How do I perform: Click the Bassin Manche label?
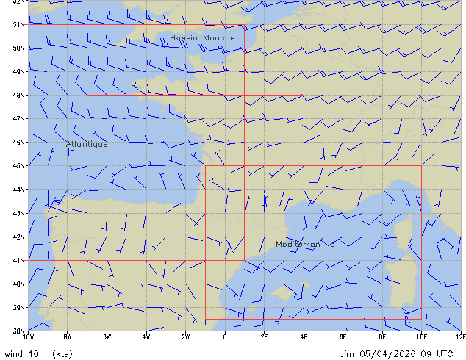click(202, 37)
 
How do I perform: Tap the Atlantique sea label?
click(87, 144)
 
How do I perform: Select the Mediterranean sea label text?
click(305, 244)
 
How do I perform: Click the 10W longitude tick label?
click(28, 336)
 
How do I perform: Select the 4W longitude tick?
click(146, 336)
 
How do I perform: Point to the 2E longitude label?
click(265, 336)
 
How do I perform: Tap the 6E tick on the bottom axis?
click(343, 336)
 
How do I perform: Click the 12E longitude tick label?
click(461, 336)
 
